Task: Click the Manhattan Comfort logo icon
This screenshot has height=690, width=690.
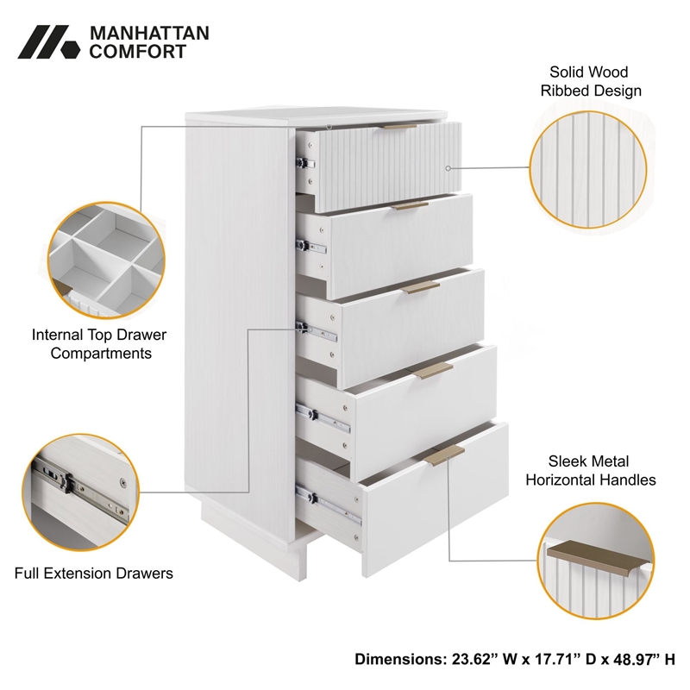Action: point(47,41)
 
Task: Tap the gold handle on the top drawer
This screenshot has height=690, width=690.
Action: point(399,126)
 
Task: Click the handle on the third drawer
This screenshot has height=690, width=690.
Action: point(423,286)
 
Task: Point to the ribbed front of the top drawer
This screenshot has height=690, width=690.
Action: point(388,168)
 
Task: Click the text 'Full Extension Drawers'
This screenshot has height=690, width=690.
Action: point(94,573)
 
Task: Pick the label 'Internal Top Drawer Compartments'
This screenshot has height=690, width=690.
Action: point(99,343)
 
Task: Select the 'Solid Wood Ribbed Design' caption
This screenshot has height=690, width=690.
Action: point(590,81)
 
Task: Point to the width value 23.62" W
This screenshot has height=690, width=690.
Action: point(481,659)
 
